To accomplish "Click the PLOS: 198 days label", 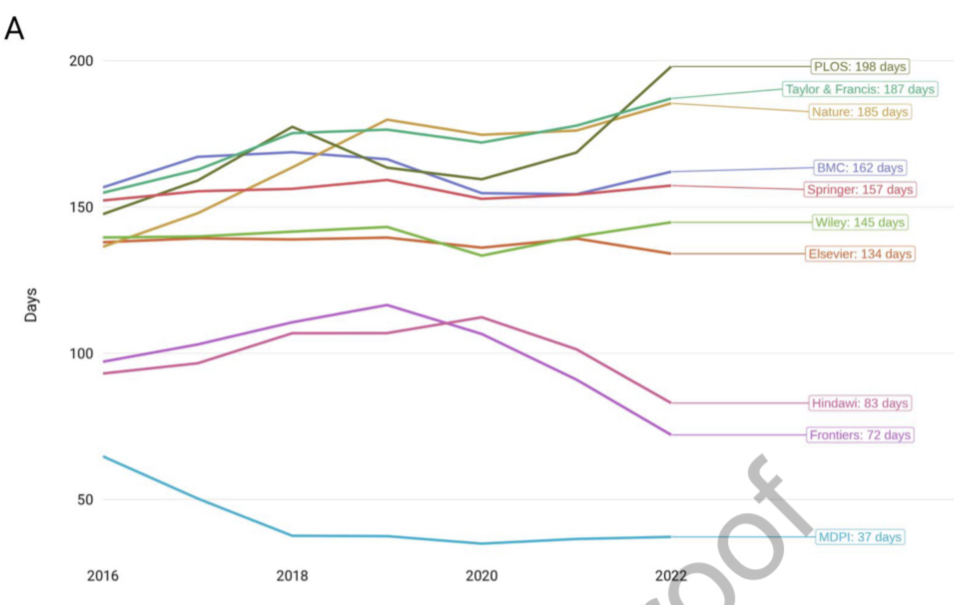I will pyautogui.click(x=859, y=67).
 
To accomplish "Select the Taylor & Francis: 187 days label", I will pyautogui.click(x=860, y=89).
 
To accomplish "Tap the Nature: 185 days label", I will pyautogui.click(x=859, y=112).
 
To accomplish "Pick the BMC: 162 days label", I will pyautogui.click(x=860, y=168).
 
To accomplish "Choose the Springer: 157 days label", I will pyautogui.click(x=859, y=190).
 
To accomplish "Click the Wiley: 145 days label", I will pyautogui.click(x=859, y=222).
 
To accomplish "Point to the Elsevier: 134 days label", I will pyautogui.click(x=859, y=254).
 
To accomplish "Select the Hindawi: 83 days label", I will pyautogui.click(x=859, y=403).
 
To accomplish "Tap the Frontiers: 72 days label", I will pyautogui.click(x=859, y=435).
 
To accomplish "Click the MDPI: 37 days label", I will pyautogui.click(x=859, y=537).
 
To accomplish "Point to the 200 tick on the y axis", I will pyautogui.click(x=80, y=61).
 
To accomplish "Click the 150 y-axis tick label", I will pyautogui.click(x=80, y=208).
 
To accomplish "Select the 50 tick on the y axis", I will pyautogui.click(x=83, y=499).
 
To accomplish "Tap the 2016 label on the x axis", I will pyautogui.click(x=102, y=576).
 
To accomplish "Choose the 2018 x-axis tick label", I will pyautogui.click(x=292, y=576).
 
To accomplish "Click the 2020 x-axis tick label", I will pyautogui.click(x=481, y=576).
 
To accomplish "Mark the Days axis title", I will pyautogui.click(x=32, y=304).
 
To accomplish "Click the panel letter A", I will pyautogui.click(x=14, y=29).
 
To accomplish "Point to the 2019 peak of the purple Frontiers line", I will pyautogui.click(x=388, y=304).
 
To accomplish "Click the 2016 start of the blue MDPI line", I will pyautogui.click(x=103, y=456).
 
